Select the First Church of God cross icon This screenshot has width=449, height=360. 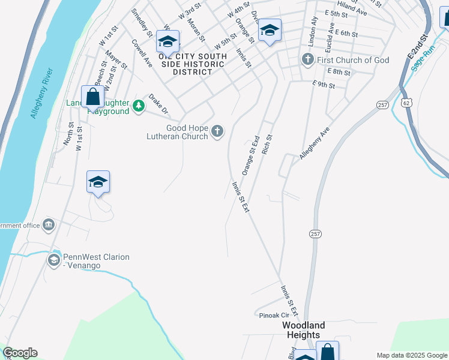[x=307, y=60]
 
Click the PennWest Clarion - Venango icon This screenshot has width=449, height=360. [x=53, y=260]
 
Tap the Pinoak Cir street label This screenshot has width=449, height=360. [x=274, y=315]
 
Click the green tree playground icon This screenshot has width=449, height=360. [x=139, y=106]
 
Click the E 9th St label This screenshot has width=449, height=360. [x=324, y=85]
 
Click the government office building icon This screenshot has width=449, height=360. [x=49, y=225]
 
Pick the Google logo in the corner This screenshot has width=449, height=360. [x=20, y=353]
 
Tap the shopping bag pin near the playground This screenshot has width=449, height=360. [x=91, y=97]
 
